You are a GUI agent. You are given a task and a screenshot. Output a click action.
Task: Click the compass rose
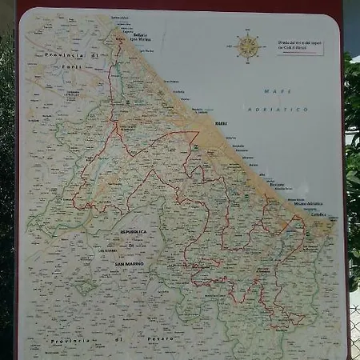click(250, 47)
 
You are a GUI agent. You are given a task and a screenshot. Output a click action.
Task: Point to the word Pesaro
click(159, 340)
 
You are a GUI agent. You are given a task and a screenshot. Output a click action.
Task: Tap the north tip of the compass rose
click(250, 34)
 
